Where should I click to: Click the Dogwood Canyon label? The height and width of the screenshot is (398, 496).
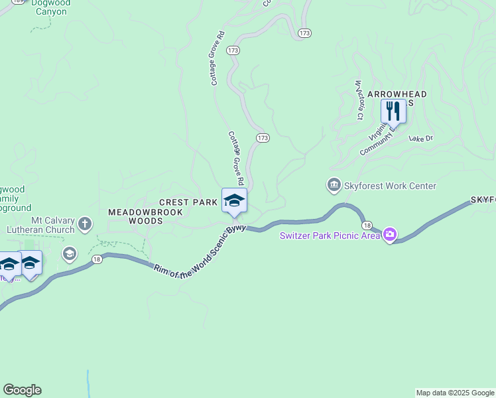click(50, 7)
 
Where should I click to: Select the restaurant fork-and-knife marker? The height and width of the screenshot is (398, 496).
click(393, 111)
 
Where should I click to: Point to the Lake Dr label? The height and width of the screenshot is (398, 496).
click(420, 139)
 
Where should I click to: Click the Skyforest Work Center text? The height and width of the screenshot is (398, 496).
click(390, 186)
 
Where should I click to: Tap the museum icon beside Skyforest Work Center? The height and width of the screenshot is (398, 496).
click(334, 185)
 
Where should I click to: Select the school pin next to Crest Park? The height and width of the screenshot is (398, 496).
click(234, 201)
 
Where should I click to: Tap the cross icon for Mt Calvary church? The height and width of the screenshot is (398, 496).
click(85, 224)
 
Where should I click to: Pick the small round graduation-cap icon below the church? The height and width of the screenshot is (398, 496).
click(69, 253)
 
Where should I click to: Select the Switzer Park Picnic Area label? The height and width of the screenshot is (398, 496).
click(329, 235)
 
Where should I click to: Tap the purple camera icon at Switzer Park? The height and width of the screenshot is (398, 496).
click(390, 234)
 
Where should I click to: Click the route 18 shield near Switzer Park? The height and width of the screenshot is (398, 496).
click(367, 226)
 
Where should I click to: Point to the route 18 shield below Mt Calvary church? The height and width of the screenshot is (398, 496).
click(97, 259)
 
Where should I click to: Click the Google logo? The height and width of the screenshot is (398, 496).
click(22, 390)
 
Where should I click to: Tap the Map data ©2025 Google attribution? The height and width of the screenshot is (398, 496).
click(455, 393)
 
